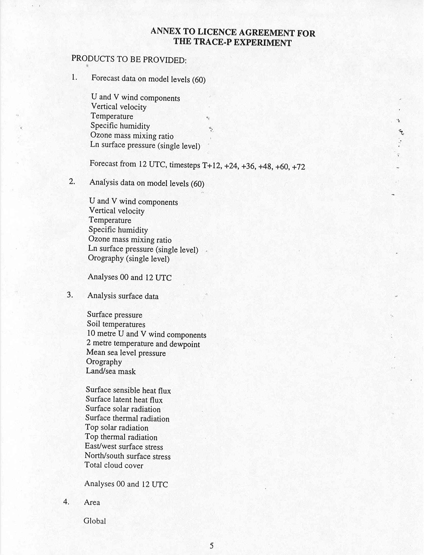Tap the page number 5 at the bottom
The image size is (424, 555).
(x=212, y=546)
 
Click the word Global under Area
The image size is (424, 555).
(x=94, y=521)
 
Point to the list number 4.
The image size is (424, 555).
(x=66, y=502)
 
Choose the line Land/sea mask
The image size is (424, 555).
(x=111, y=371)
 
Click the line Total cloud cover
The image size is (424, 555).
(x=114, y=465)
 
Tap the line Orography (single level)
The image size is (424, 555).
(x=129, y=258)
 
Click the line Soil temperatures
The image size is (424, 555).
(x=116, y=324)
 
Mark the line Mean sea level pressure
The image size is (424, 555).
(x=126, y=353)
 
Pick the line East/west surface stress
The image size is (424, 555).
(x=124, y=446)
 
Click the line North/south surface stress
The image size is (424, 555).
(x=127, y=456)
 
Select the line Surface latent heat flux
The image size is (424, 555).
(x=124, y=400)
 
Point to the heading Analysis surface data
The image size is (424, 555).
(x=123, y=296)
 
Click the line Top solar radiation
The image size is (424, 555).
(x=116, y=428)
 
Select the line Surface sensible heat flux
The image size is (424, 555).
(x=128, y=390)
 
